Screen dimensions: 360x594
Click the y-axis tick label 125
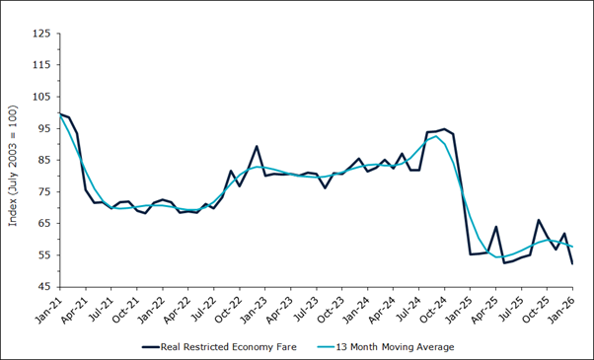pyautogui.click(x=40, y=34)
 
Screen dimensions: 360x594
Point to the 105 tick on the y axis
pyautogui.click(x=40, y=97)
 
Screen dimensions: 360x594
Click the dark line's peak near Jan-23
pyautogui.click(x=257, y=146)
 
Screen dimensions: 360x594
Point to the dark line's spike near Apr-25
pyautogui.click(x=496, y=227)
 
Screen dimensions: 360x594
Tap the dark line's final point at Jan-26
pyautogui.click(x=572, y=263)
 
